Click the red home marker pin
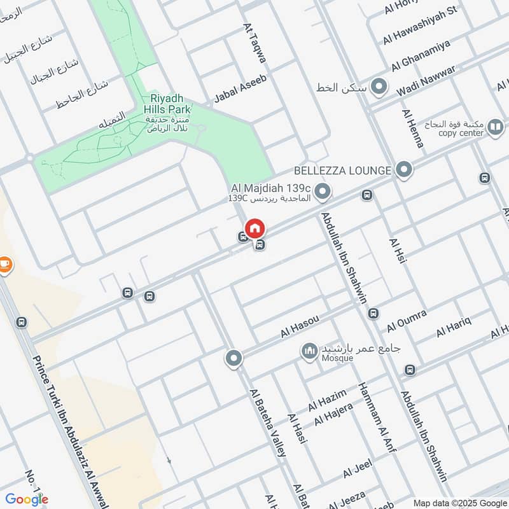coord(254,228)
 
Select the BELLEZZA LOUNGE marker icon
coord(403,170)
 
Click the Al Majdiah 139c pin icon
coord(323,190)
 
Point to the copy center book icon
coord(495,128)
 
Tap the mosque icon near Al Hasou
coord(310,351)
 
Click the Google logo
coord(27,499)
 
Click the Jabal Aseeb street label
coord(240,88)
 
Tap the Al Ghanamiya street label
coord(421,55)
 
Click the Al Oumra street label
coord(407,321)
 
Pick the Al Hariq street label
coord(454,328)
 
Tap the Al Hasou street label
coord(299,324)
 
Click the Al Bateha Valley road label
coord(268,422)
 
